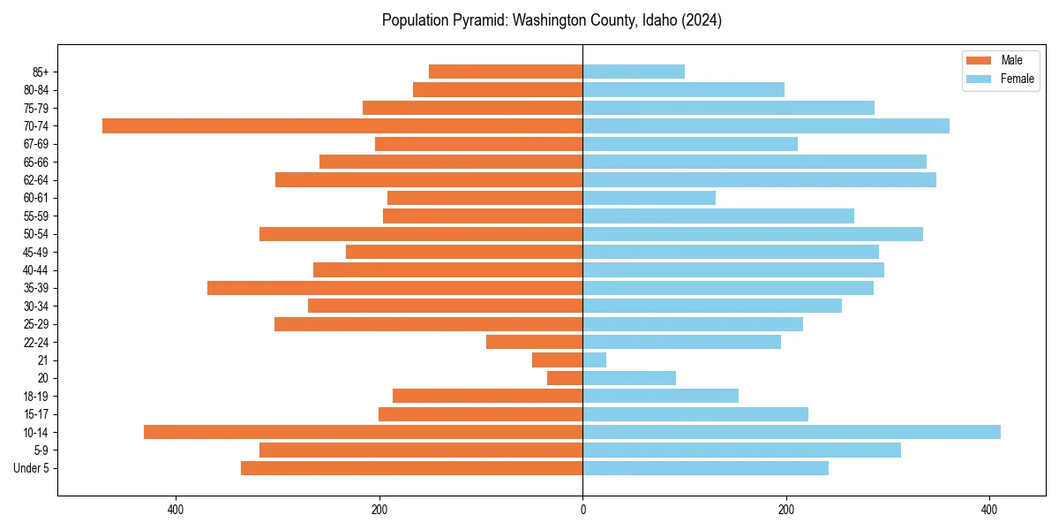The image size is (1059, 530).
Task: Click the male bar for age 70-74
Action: coord(342,125)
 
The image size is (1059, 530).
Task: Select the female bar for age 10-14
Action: coord(792,432)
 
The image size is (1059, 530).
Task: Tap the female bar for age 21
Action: coord(594,360)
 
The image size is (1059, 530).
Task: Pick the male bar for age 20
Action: coord(565,378)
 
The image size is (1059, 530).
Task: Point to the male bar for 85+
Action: coord(506,72)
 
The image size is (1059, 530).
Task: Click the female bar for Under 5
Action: coord(705,468)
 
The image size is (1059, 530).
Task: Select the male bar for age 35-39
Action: coord(394,288)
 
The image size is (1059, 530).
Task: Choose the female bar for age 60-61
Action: coord(649,198)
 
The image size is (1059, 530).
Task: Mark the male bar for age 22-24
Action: coord(534,342)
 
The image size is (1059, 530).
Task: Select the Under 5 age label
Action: coord(31,468)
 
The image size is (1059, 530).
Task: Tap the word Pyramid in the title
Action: coord(473,20)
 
